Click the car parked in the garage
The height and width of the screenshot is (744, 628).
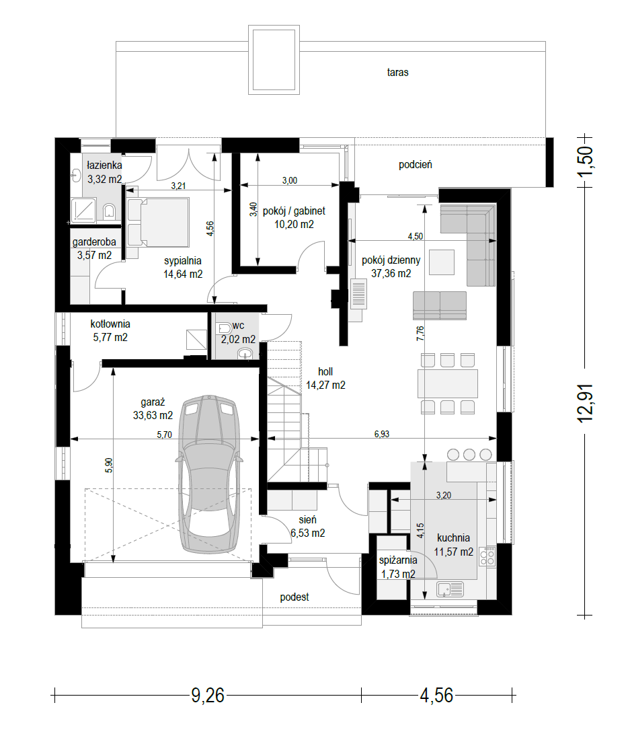pyautogui.click(x=209, y=474)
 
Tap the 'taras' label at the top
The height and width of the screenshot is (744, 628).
pyautogui.click(x=397, y=73)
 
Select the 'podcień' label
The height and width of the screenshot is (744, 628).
pyautogui.click(x=415, y=165)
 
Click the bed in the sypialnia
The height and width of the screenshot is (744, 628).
pyautogui.click(x=159, y=222)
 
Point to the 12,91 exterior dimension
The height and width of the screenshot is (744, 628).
pyautogui.click(x=585, y=403)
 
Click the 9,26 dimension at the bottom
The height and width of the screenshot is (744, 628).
pyautogui.click(x=208, y=696)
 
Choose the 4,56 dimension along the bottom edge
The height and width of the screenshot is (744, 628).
pyautogui.click(x=436, y=696)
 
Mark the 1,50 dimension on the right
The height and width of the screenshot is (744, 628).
pyautogui.click(x=585, y=161)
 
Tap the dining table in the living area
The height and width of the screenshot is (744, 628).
pyautogui.click(x=447, y=383)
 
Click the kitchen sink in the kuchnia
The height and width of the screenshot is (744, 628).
pyautogui.click(x=450, y=589)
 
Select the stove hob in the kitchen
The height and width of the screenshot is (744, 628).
pyautogui.click(x=487, y=556)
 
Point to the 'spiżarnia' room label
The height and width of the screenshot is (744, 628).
pyautogui.click(x=398, y=560)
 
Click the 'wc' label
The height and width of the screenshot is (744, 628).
pyautogui.click(x=238, y=326)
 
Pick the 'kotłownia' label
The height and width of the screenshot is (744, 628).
pyautogui.click(x=110, y=324)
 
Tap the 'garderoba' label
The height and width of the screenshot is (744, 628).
pyautogui.click(x=94, y=242)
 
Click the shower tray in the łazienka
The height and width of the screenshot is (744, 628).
pyautogui.click(x=83, y=210)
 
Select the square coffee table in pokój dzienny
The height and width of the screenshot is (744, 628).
pyautogui.click(x=442, y=262)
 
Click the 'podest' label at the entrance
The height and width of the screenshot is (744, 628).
pyautogui.click(x=294, y=597)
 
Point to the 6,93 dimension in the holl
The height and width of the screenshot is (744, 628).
pyautogui.click(x=382, y=434)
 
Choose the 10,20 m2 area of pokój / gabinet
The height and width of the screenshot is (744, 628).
pyautogui.click(x=294, y=225)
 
